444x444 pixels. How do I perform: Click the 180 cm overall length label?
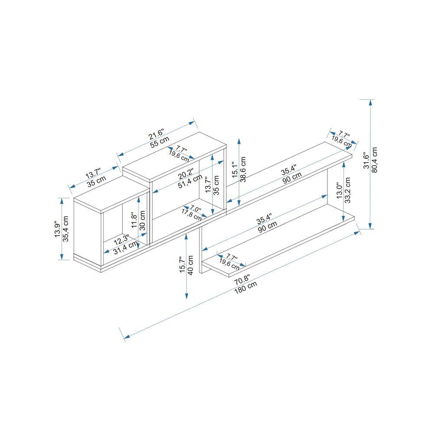(246, 287)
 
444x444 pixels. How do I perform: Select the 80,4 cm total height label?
(375, 160)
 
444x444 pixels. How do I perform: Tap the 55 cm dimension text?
(160, 141)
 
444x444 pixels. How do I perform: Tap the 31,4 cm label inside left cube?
(126, 249)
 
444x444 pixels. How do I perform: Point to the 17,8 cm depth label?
(191, 214)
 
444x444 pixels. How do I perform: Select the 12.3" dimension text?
(121, 238)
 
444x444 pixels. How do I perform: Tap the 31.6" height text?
(366, 160)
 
